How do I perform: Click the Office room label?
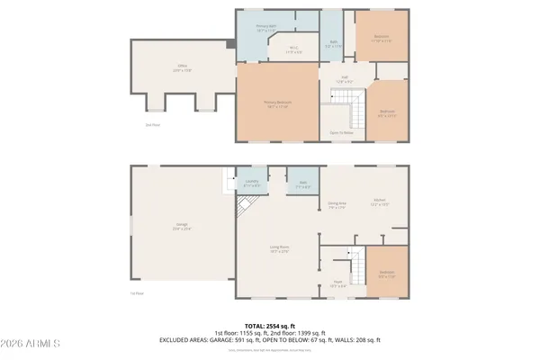tap(183, 68)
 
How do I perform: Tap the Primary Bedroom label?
tap(275, 105)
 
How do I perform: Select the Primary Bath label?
tap(266, 28)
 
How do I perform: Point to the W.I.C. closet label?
tap(292, 50)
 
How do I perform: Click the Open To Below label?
tap(340, 132)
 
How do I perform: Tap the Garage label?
tap(182, 227)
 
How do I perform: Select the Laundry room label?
tap(252, 184)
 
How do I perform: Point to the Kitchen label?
tap(380, 202)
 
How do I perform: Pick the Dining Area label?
tap(337, 204)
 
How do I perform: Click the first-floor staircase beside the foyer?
tap(357, 267)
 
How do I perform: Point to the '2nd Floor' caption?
tap(153, 125)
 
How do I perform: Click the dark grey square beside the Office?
tap(231, 42)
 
